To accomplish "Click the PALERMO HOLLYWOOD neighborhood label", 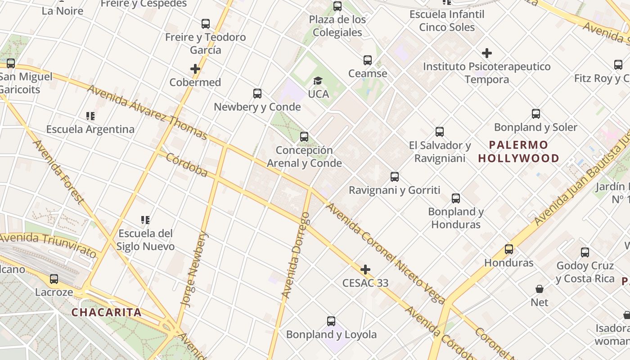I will tap(518, 152).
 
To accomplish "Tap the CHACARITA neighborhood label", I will tap(107, 312).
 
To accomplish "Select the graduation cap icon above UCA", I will tap(318, 81).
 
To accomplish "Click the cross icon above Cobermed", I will tap(195, 69).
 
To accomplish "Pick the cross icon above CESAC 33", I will tap(365, 270).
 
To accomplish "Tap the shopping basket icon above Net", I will tap(539, 289).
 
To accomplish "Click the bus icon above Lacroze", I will tap(54, 279).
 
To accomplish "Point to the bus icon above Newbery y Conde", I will tap(257, 94).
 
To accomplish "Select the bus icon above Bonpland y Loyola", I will tap(331, 321).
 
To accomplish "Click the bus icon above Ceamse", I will tap(368, 60).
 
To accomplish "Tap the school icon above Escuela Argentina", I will tap(90, 117).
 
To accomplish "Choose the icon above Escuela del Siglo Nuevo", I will tap(145, 220).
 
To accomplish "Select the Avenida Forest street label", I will tap(58, 171).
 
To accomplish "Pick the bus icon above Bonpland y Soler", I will tap(535, 114).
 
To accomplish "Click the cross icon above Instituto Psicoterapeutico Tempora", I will tap(486, 53).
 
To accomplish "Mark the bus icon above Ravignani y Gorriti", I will tap(395, 177).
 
